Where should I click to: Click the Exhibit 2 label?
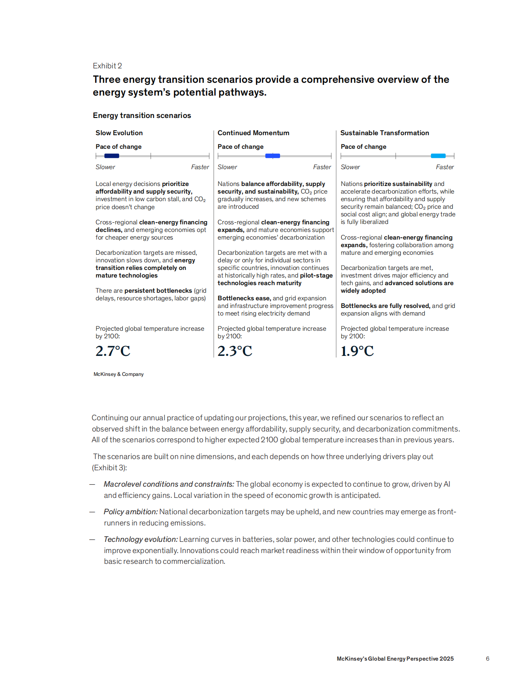107,66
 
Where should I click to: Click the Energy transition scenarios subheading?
142,116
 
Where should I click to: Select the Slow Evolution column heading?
119,133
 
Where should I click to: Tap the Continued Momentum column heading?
253,133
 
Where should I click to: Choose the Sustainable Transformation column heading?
384,133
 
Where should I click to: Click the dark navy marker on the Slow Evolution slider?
112,156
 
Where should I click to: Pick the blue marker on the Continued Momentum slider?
272,156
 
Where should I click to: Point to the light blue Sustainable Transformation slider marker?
438,156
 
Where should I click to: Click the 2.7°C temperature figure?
113,351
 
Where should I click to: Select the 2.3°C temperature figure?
235,351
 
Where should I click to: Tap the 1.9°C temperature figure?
357,351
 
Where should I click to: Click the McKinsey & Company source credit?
118,374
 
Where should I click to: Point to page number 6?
488,659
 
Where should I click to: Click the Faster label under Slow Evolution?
200,167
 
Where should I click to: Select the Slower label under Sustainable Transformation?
350,167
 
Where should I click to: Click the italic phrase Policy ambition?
131,512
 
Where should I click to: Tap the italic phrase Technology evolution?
141,539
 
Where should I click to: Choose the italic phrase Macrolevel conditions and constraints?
169,484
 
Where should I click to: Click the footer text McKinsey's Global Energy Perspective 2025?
395,659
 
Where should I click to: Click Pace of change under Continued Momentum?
240,147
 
